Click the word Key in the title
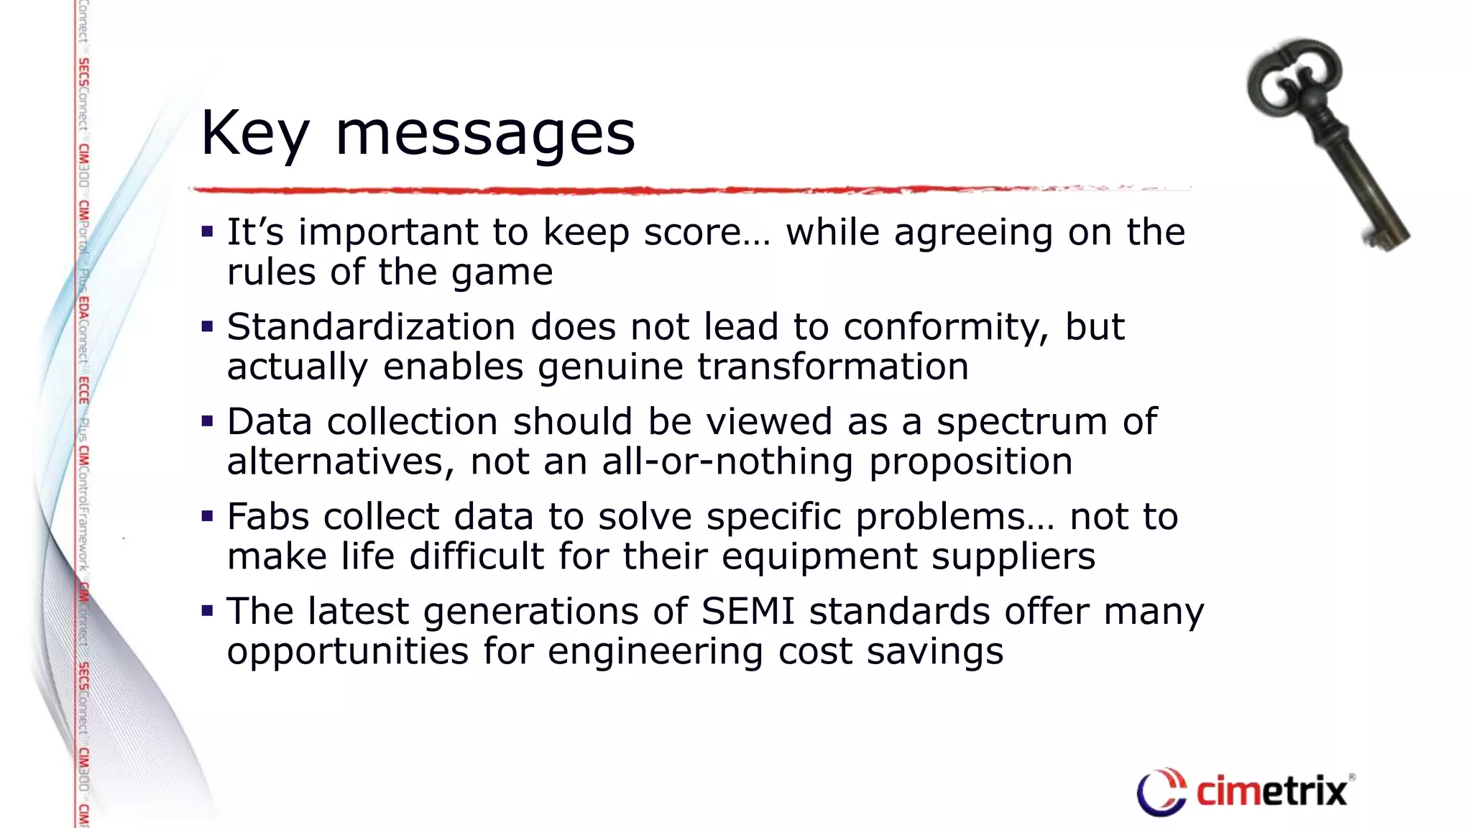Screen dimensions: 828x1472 [255, 134]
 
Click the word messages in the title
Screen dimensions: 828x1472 [485, 134]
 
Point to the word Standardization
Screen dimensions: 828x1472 [371, 327]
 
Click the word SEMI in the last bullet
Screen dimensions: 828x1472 [747, 612]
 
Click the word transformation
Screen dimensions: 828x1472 [833, 367]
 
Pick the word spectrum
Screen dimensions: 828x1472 [1021, 422]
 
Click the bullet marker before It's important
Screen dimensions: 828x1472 [208, 232]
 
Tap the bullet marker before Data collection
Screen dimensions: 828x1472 [208, 422]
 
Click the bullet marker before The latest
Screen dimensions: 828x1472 [208, 612]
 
